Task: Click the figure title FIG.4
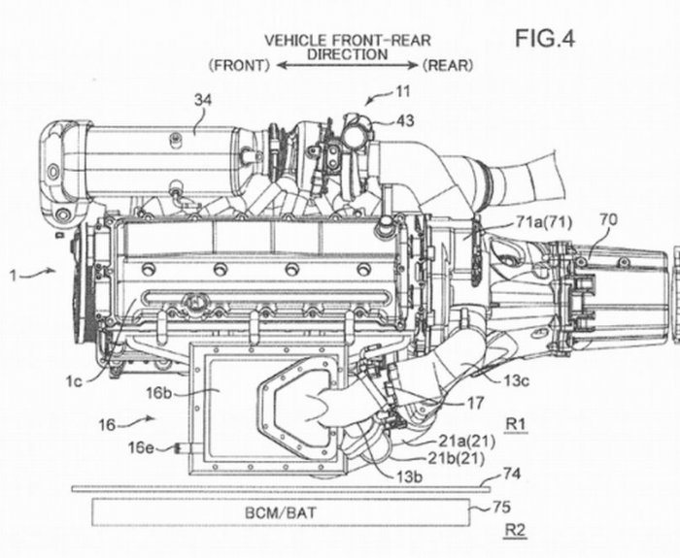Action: (x=545, y=38)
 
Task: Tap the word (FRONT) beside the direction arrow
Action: (x=239, y=65)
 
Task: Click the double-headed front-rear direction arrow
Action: (x=347, y=65)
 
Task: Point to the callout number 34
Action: (x=203, y=100)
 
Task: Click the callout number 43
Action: (x=405, y=121)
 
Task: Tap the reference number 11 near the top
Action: (x=402, y=92)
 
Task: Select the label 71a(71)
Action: (x=544, y=222)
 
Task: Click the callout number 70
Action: (x=608, y=220)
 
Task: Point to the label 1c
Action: (x=74, y=380)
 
